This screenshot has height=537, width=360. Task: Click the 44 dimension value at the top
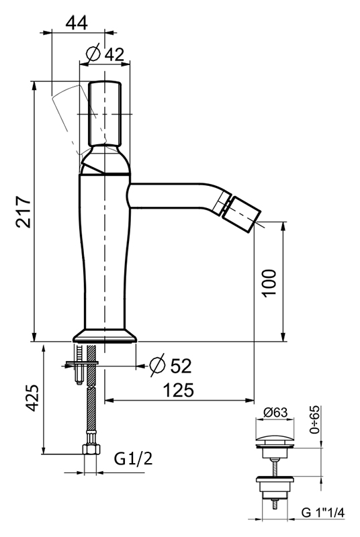point(77,23)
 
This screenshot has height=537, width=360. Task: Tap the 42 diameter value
point(114,54)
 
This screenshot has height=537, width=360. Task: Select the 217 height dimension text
point(24,211)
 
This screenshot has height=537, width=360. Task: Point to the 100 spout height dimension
point(269,283)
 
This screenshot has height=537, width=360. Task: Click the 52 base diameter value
point(181,366)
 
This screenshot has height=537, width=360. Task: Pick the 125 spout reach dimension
point(179,390)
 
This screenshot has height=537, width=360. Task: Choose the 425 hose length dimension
point(32,398)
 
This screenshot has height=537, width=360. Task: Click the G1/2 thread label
point(133,458)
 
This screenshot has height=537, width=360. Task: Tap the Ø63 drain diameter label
point(275,412)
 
